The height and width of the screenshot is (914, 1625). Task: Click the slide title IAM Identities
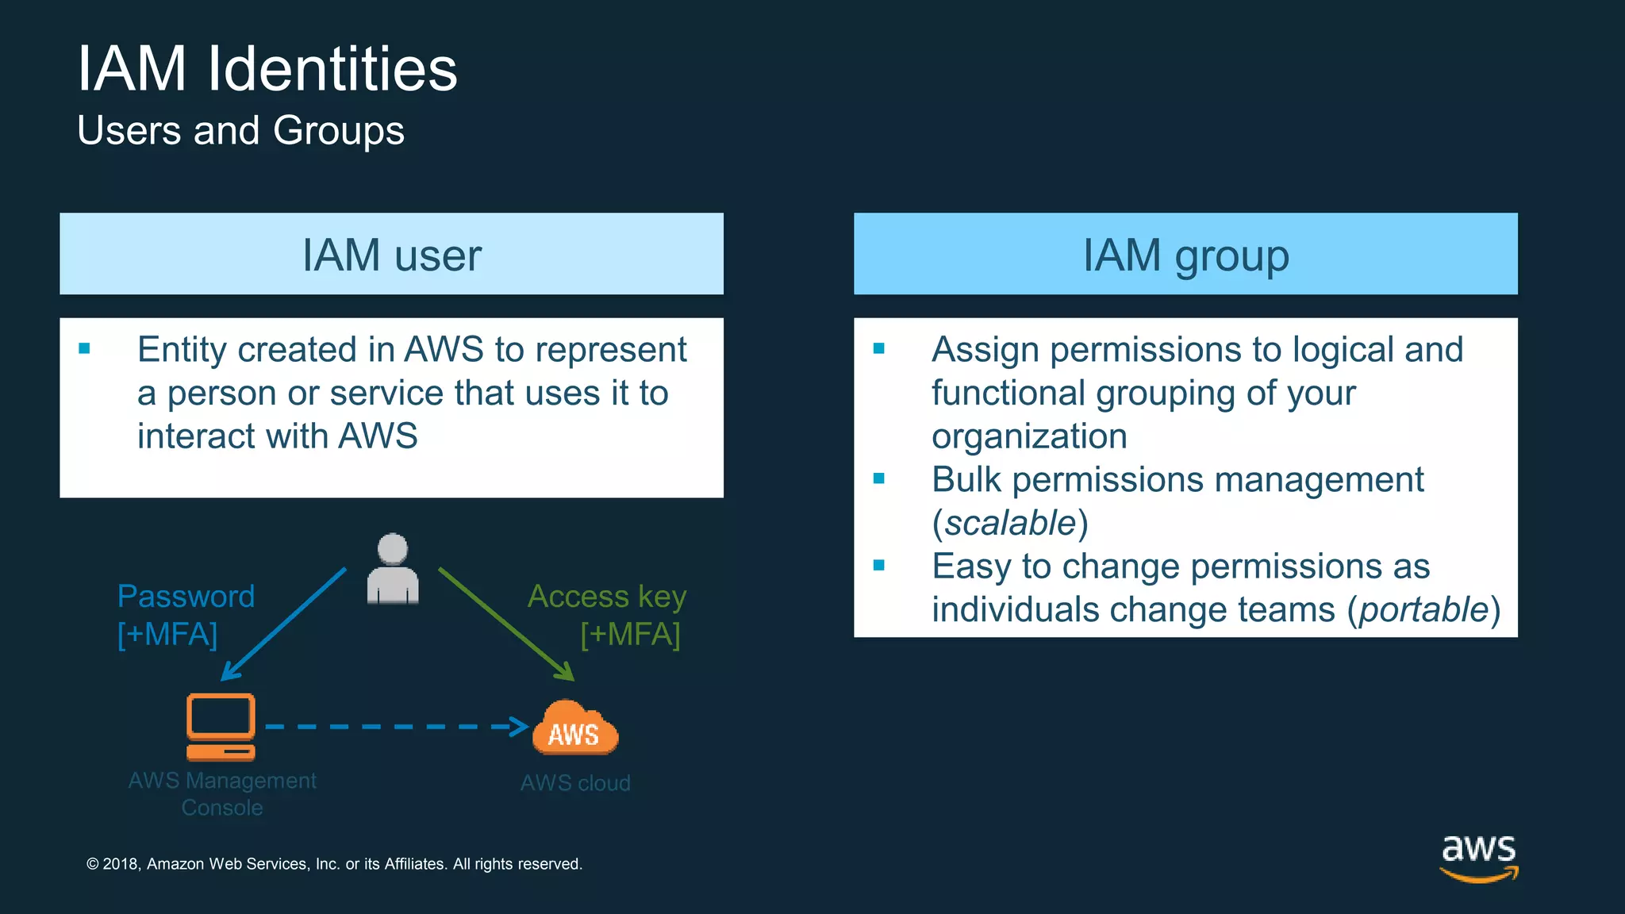[267, 69]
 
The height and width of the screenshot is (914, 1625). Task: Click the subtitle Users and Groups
[240, 131]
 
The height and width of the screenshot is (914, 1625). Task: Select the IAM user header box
[391, 254]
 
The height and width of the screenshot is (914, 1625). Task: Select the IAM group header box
[1185, 254]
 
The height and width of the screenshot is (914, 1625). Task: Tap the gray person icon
[393, 570]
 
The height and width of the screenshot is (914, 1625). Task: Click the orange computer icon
[221, 727]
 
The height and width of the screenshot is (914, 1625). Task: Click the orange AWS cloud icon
[574, 728]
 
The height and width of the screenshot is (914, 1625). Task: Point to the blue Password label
[186, 597]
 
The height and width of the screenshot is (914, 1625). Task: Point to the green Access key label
[607, 597]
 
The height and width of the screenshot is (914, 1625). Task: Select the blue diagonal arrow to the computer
[284, 624]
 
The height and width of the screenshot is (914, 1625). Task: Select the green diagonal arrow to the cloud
[505, 624]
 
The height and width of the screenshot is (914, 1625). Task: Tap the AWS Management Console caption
[222, 793]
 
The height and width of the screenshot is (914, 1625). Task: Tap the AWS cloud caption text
[575, 783]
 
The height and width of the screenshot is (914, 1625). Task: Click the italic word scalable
[1010, 524]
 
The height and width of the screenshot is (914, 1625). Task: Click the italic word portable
[1423, 610]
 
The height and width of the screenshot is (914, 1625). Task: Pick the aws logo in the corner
[1478, 857]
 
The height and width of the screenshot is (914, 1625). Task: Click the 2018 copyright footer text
[334, 864]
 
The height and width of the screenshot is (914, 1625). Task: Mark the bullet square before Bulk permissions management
[878, 478]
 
